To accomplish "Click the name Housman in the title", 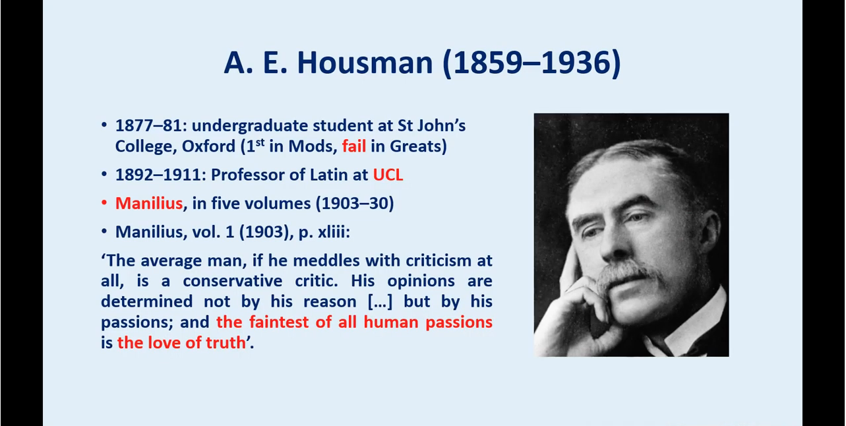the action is [x=365, y=63].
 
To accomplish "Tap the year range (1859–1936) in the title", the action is [x=531, y=63].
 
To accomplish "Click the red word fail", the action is [x=354, y=146].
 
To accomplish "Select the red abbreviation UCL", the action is [x=388, y=175].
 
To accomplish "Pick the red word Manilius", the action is [x=149, y=204].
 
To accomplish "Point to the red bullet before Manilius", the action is [x=104, y=203].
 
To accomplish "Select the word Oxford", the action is [x=208, y=146].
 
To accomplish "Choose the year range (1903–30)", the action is [x=355, y=204].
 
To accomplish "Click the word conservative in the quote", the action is [x=232, y=282].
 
